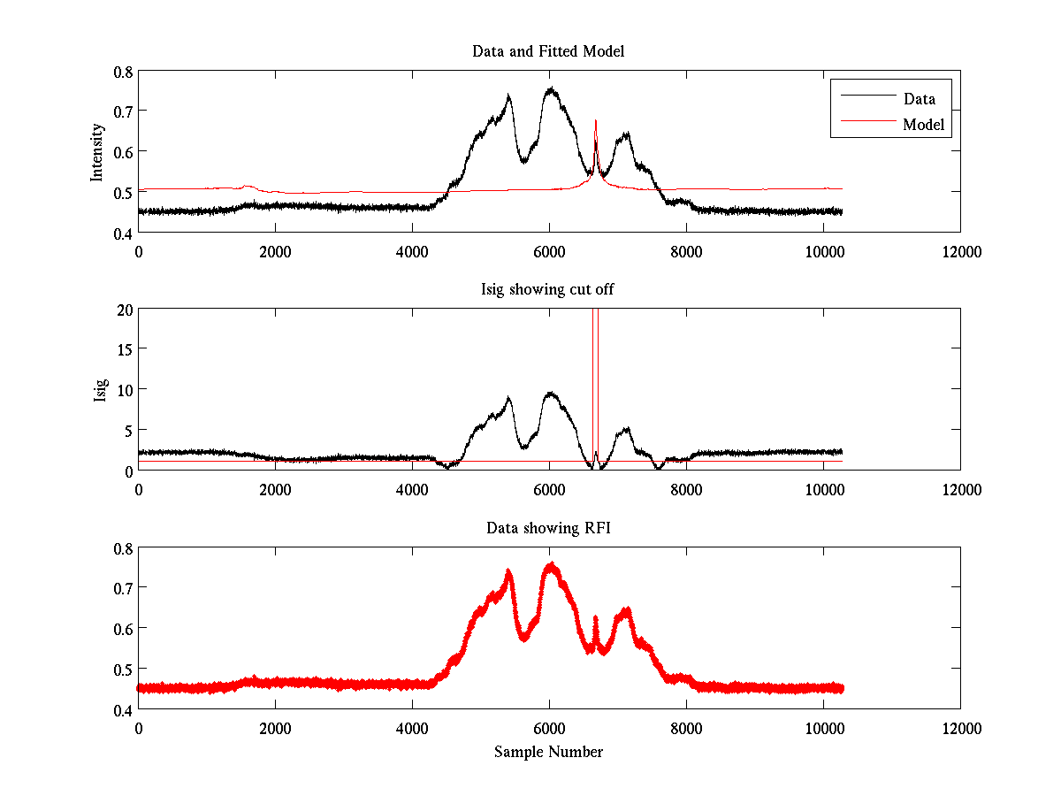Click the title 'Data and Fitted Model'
coord(548,51)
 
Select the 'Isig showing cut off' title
coord(548,290)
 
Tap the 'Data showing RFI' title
coord(548,528)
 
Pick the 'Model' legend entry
coord(923,125)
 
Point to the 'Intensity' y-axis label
coord(98,152)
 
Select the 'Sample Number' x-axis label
coord(548,752)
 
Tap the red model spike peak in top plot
coord(596,121)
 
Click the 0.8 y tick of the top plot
coord(123,72)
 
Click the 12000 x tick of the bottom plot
coord(960,728)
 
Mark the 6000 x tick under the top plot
coord(549,251)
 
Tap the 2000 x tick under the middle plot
coord(275,489)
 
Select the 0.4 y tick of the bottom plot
coord(123,709)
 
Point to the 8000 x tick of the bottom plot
coord(686,728)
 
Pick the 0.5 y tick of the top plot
coord(123,192)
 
